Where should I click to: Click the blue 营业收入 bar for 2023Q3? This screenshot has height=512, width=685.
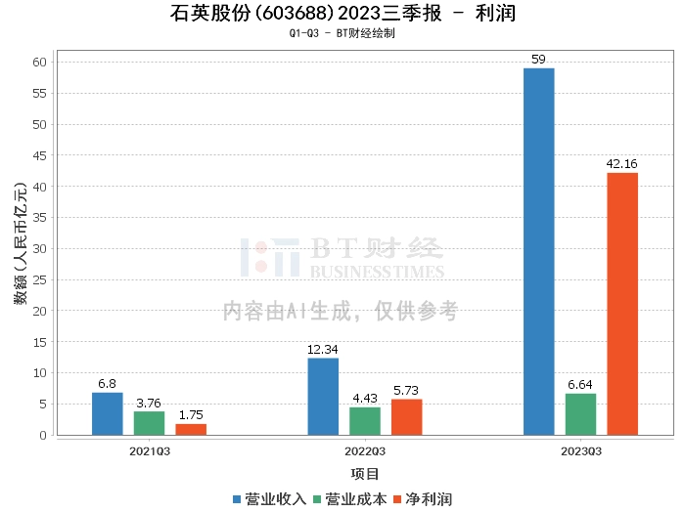pyautogui.click(x=538, y=251)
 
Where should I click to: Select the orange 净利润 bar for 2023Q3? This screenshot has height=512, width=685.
pyautogui.click(x=622, y=304)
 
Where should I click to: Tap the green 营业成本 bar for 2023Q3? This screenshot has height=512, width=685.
pyautogui.click(x=580, y=414)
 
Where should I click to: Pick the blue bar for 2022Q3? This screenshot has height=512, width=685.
pyautogui.click(x=323, y=397)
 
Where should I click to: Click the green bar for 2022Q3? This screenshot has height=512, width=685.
pyautogui.click(x=365, y=421)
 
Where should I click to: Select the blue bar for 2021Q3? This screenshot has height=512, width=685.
pyautogui.click(x=108, y=413)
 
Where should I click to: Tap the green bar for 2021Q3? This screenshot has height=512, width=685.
pyautogui.click(x=150, y=423)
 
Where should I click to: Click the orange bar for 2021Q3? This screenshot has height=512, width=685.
pyautogui.click(x=191, y=429)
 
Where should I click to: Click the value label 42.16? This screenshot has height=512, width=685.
pyautogui.click(x=622, y=164)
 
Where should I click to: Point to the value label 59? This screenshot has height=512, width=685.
pyautogui.click(x=538, y=60)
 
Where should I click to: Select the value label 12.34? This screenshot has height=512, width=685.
pyautogui.click(x=323, y=350)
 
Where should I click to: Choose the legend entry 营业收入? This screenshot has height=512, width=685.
pyautogui.click(x=270, y=499)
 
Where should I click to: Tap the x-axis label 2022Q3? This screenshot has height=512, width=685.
pyautogui.click(x=365, y=451)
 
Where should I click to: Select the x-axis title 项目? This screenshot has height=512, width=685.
pyautogui.click(x=365, y=474)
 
